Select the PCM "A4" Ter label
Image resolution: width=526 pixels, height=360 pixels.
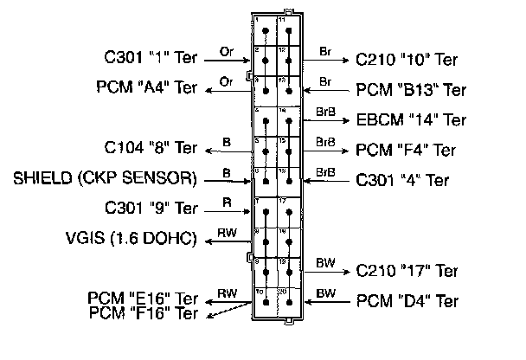[x=147, y=88]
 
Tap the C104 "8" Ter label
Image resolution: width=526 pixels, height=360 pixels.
[x=150, y=149]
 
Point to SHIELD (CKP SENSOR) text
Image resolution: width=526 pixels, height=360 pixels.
[x=106, y=180]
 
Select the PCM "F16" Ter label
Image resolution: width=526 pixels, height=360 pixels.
[x=144, y=313]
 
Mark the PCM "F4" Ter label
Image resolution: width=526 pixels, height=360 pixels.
[x=407, y=150]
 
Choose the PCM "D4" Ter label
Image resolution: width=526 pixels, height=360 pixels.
[x=407, y=302]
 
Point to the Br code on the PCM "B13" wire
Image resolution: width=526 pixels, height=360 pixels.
[x=326, y=80]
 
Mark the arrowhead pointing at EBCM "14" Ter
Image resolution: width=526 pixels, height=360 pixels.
[x=346, y=119]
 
